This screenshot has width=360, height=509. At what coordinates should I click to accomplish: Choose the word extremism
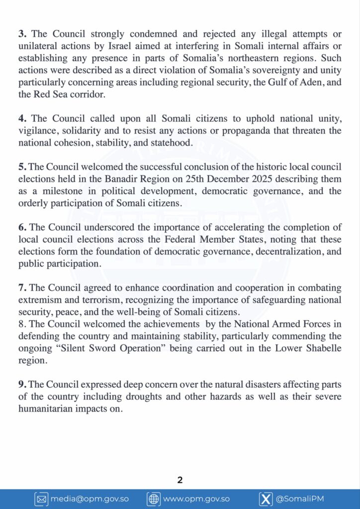39,300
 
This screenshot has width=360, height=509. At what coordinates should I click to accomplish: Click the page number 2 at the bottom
180,480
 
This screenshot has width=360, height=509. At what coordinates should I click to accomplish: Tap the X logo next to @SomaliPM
266,499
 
